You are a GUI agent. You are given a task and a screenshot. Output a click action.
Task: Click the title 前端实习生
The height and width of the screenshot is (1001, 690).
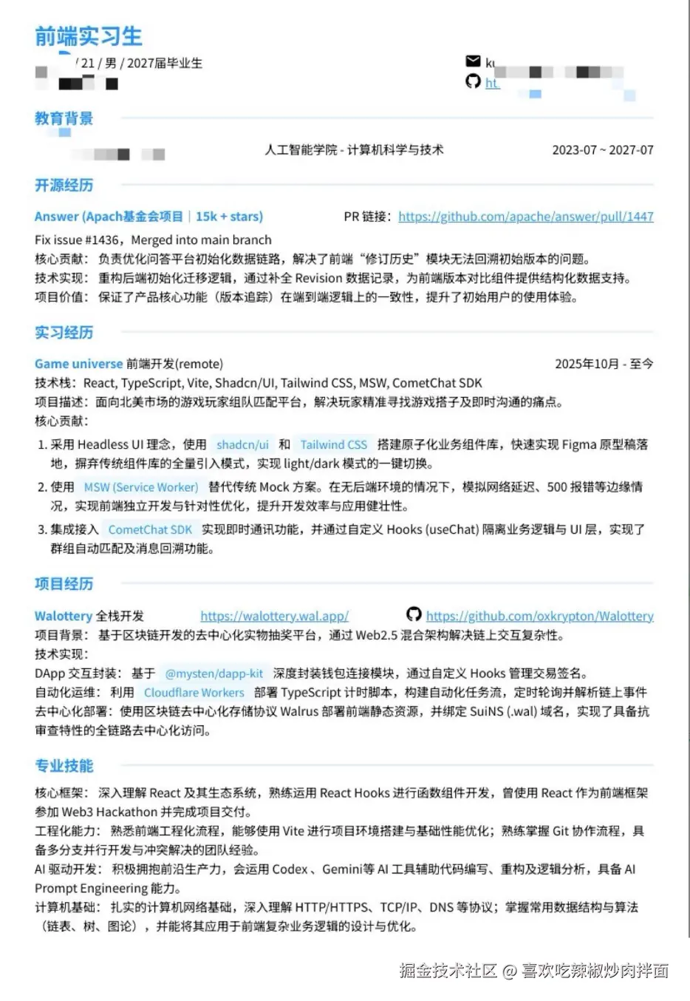[x=88, y=36]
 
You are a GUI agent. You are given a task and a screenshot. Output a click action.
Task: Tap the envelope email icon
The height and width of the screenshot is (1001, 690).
[x=473, y=61]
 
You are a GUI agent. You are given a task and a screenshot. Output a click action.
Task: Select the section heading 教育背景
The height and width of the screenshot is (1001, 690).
[x=64, y=118]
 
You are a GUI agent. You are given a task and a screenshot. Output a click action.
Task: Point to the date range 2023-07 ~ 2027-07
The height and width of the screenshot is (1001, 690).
[x=602, y=150]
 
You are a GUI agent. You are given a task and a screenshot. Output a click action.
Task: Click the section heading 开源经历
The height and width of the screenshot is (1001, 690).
[x=64, y=185]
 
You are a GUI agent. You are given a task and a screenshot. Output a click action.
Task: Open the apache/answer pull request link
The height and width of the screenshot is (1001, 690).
[x=525, y=217]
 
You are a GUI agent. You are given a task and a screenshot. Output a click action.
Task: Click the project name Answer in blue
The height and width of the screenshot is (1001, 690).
[x=56, y=217]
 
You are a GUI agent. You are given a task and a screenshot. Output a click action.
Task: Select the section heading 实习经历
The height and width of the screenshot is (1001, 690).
[x=64, y=333]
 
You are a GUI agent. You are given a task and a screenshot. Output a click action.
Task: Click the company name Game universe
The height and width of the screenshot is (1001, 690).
[x=78, y=364]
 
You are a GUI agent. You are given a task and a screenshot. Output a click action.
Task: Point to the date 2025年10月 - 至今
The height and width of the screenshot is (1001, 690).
[x=604, y=364]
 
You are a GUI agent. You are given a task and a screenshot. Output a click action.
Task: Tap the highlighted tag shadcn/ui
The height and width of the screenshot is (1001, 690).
[x=242, y=444]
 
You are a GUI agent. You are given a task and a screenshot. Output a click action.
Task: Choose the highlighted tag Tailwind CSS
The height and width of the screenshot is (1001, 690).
[x=333, y=444]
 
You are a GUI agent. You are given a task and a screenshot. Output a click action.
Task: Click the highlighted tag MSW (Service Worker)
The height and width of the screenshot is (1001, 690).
[x=140, y=487]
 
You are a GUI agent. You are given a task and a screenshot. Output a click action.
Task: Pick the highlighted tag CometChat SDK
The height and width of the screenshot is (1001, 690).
[x=150, y=529]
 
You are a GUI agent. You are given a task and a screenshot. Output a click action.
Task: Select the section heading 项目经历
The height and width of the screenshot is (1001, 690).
[x=64, y=584]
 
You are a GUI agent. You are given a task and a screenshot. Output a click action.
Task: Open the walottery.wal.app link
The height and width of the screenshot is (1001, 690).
[x=274, y=616]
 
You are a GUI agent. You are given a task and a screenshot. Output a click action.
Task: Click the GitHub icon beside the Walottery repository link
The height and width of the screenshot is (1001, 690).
[x=414, y=614]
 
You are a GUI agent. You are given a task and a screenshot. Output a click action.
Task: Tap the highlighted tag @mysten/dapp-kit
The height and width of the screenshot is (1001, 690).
[x=214, y=673]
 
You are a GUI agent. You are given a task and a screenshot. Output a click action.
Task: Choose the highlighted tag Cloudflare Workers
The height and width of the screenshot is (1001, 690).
[x=194, y=693]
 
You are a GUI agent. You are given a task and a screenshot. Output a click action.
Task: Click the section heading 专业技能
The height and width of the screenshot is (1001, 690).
[x=64, y=766]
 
